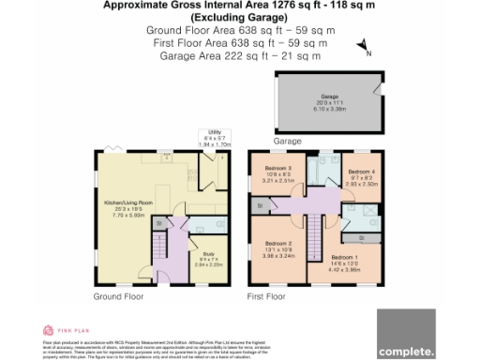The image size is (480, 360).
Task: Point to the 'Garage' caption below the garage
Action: click(x=261, y=140)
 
